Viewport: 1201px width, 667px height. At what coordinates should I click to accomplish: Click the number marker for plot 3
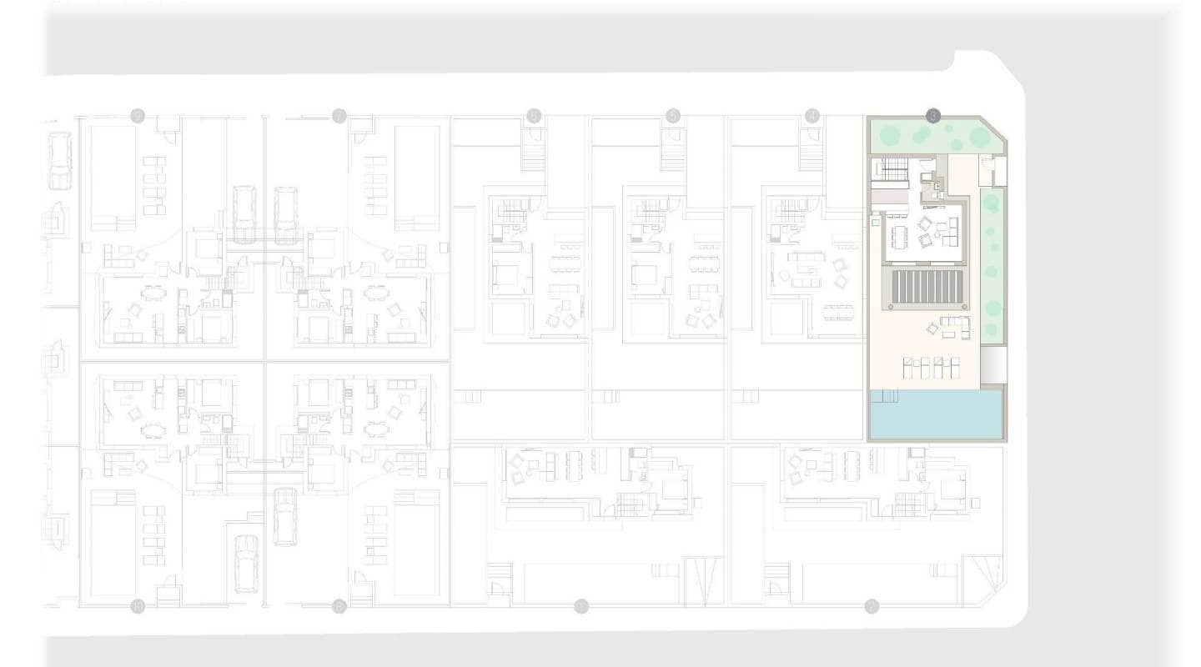933,116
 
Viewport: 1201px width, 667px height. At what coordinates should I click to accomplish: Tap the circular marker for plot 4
812,116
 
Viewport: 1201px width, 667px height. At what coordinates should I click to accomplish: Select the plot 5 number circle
673,116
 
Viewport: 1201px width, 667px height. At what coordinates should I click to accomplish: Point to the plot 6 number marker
534,116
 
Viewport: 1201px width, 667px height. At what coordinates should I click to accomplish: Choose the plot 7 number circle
339,116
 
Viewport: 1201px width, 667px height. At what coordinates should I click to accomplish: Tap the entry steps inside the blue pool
884,395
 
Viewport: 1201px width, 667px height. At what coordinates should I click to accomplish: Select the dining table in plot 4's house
838,312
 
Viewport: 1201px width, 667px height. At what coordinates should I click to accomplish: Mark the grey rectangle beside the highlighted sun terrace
992,365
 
